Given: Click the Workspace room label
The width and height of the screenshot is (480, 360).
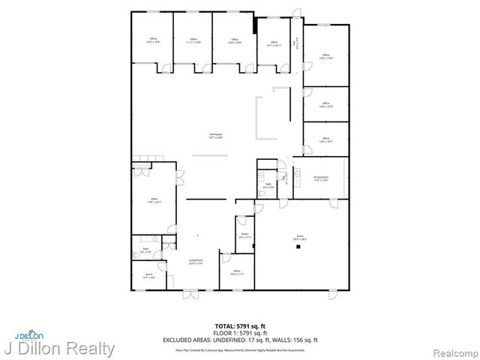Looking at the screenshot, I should (215, 135).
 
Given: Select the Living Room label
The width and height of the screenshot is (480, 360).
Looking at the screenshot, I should (196, 260).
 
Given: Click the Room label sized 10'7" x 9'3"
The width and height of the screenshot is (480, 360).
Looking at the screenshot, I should (148, 275).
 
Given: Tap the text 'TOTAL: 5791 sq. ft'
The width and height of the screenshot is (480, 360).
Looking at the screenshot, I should (240, 325).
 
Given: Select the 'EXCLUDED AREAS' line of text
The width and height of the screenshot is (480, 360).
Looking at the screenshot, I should (240, 339).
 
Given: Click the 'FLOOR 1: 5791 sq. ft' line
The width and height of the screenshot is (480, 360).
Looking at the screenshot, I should (240, 332).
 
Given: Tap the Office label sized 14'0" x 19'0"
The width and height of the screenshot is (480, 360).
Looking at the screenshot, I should (325, 56).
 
